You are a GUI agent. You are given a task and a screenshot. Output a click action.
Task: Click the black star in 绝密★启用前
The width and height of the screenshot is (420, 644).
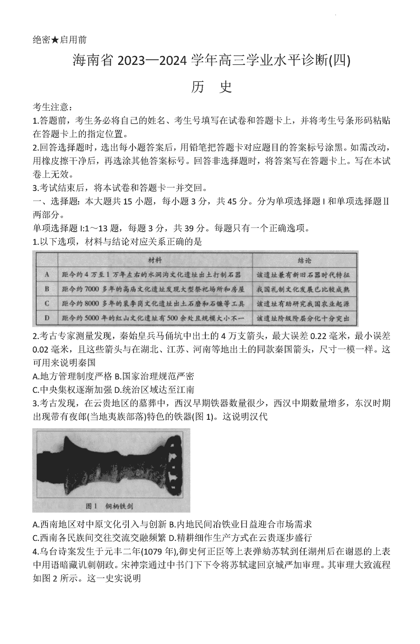55,40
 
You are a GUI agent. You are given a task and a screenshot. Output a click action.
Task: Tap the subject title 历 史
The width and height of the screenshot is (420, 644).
210,87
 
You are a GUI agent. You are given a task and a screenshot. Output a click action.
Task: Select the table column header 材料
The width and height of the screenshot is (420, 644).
154,260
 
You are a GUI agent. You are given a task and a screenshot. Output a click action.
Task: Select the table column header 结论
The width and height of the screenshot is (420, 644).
304,260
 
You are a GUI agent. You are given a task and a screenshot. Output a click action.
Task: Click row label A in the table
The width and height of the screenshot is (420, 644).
47,275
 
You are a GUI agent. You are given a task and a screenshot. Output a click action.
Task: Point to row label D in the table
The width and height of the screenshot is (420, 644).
47,318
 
